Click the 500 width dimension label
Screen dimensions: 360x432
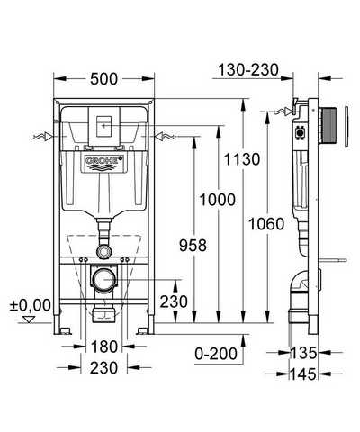(x=103, y=79)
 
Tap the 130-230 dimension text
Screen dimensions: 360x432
(x=248, y=70)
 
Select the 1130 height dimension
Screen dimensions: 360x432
(x=242, y=159)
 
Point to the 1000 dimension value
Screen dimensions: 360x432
(x=218, y=200)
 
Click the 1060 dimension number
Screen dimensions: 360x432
(x=266, y=224)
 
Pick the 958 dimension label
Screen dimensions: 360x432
(x=193, y=246)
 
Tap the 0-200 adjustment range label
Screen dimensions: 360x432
(x=216, y=354)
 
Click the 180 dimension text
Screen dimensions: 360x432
(x=104, y=346)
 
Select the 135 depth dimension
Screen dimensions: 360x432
(x=303, y=353)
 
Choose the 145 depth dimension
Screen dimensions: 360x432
(x=303, y=374)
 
